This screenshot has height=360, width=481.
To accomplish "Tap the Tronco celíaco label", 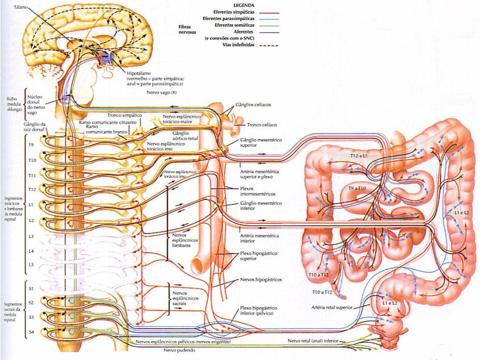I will coord(263,125).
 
